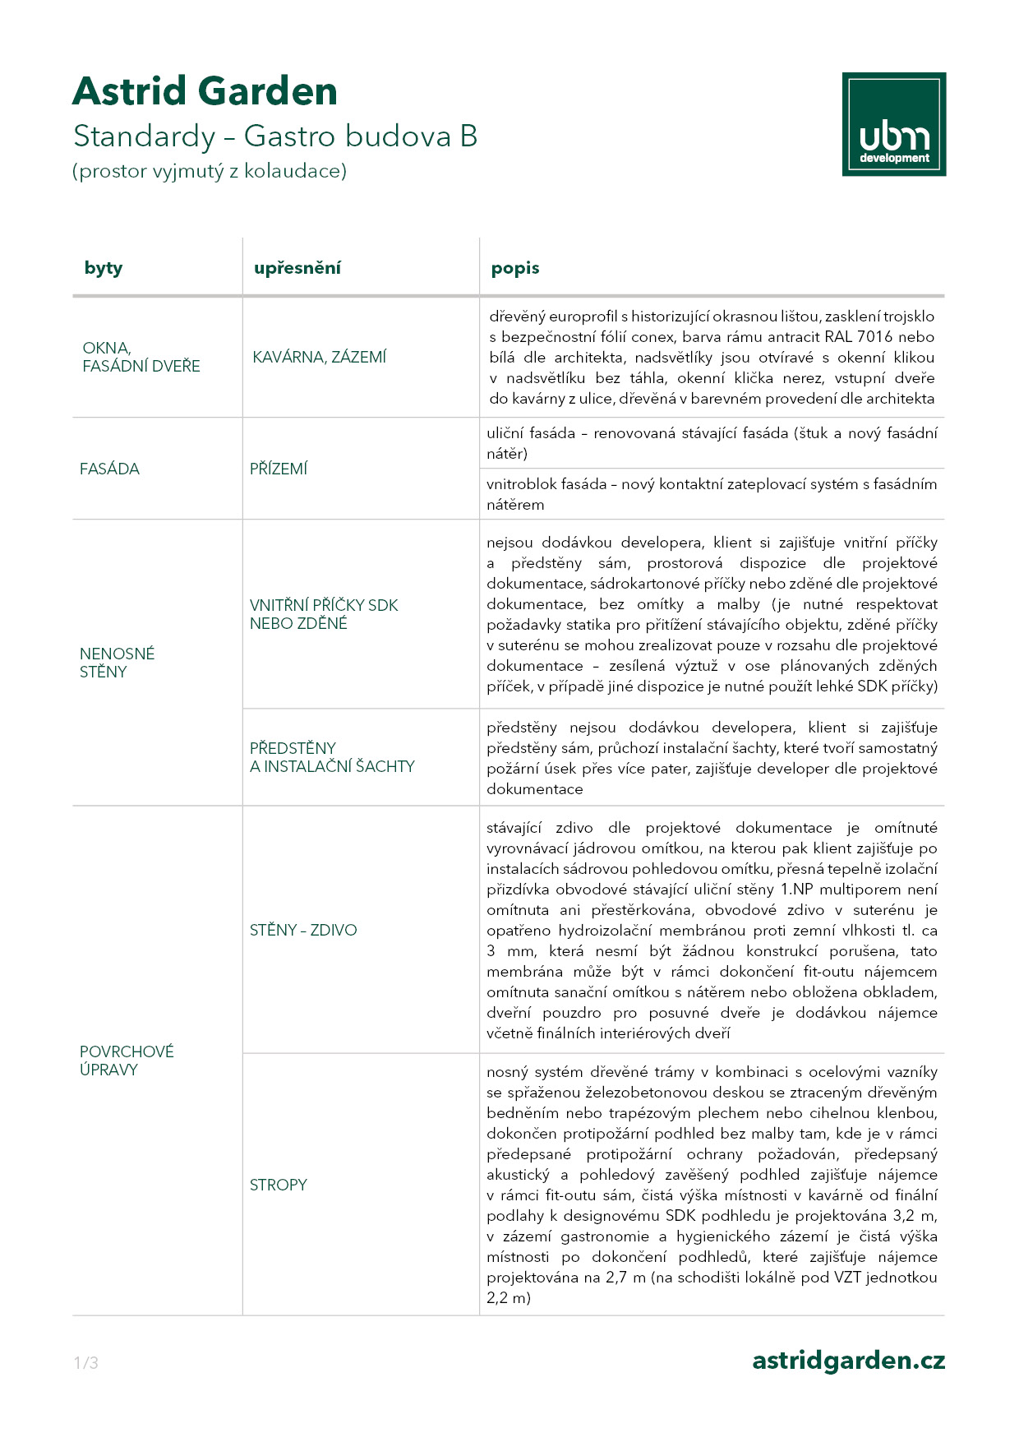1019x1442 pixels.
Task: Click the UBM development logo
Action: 893,124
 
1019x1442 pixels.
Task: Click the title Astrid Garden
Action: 205,91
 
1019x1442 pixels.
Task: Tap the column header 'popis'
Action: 515,268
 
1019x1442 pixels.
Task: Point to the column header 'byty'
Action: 104,268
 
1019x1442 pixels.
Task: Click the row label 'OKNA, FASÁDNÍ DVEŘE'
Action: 141,357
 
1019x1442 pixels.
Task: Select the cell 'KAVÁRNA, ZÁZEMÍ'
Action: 319,357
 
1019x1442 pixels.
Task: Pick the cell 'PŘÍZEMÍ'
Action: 279,469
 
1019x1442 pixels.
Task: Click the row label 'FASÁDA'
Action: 109,469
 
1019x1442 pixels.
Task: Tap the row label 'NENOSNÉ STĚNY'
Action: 117,663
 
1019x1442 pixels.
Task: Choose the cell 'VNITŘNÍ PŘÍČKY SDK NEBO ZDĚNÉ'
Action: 324,614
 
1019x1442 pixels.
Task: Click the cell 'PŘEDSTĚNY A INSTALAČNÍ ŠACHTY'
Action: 332,757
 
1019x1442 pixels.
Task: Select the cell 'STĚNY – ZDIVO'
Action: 303,930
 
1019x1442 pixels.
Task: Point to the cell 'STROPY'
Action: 279,1185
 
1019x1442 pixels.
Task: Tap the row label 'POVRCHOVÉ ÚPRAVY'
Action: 127,1061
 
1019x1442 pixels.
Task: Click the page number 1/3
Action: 86,1363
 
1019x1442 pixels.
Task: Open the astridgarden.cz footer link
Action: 848,1361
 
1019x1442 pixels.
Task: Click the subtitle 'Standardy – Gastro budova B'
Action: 275,136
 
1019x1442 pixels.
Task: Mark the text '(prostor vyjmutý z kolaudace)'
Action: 210,171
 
